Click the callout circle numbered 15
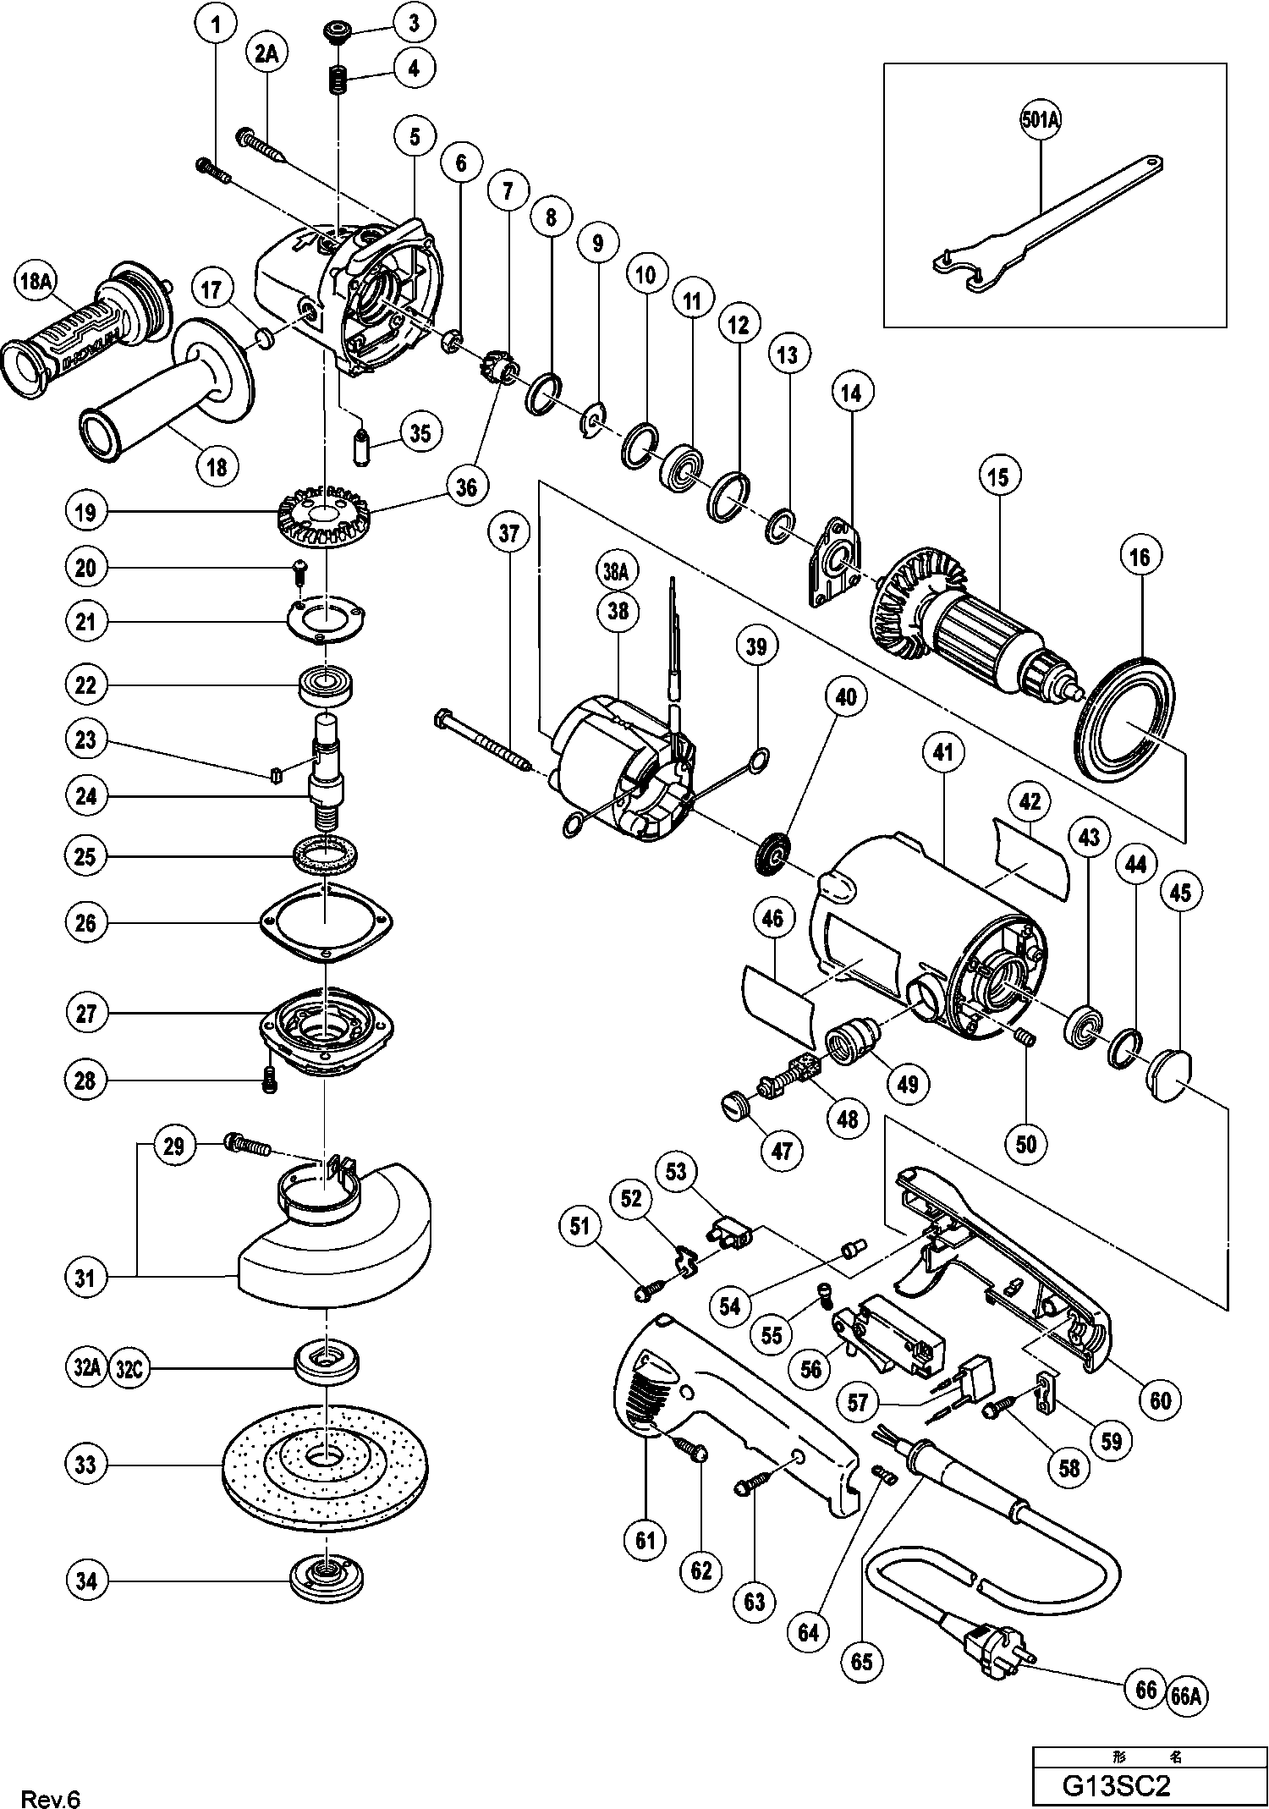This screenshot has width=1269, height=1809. tap(998, 477)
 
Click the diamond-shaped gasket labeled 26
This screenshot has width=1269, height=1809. tap(325, 921)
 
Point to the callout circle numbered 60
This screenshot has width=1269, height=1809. tap(1161, 1401)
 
